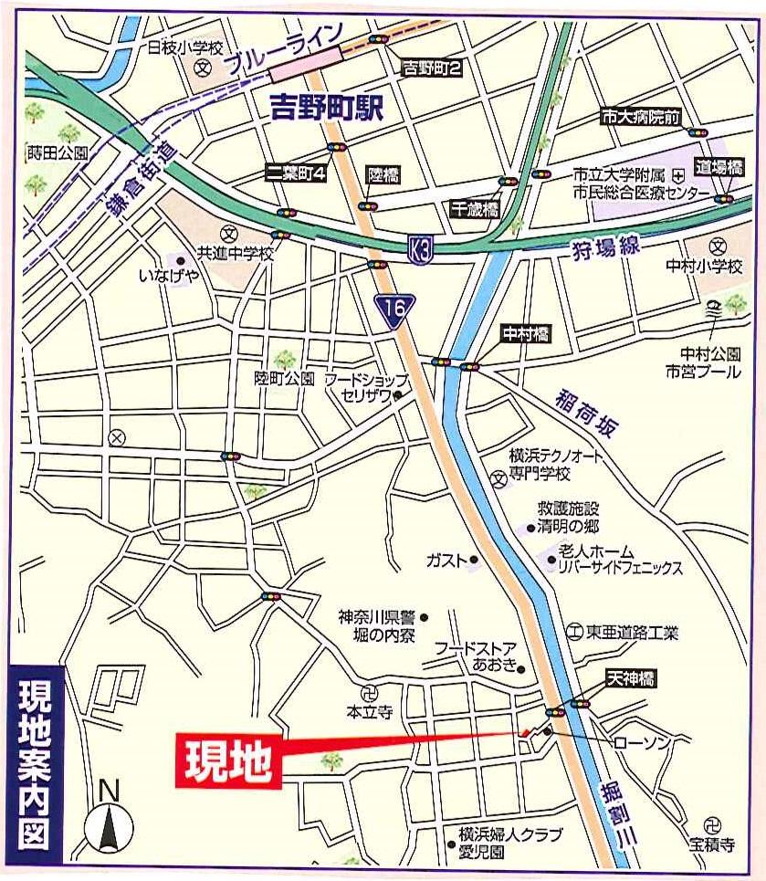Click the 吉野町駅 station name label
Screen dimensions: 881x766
click(x=328, y=109)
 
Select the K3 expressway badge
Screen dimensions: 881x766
click(x=419, y=248)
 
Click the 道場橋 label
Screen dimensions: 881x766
click(x=718, y=167)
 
